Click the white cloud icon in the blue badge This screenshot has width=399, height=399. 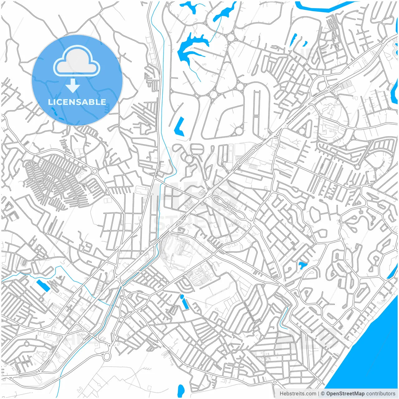77,62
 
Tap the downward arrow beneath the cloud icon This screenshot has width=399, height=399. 73,86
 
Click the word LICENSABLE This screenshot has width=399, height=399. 77,102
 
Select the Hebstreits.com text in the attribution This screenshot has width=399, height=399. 298,394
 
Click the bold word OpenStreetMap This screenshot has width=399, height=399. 345,394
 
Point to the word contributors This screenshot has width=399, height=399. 381,394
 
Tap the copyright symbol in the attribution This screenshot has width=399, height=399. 323,394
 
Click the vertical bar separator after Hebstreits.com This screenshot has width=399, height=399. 318,394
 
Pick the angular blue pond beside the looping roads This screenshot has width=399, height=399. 179,126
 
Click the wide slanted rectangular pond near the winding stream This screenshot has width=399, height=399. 43,286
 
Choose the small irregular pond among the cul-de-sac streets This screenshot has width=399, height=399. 302,265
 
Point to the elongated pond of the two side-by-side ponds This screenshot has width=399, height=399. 294,40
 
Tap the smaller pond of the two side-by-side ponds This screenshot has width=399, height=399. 305,44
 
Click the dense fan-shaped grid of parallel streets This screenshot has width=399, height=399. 53,181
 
